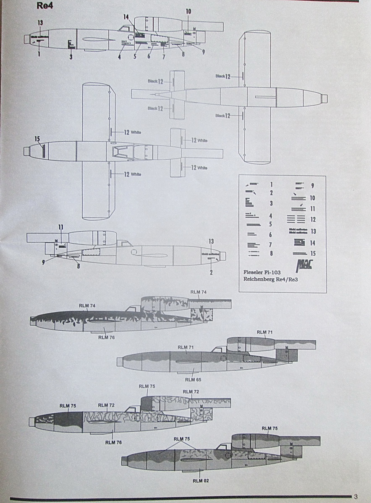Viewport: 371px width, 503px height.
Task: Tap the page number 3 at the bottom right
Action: pyautogui.click(x=355, y=497)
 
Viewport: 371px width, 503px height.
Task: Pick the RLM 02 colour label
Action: pyautogui.click(x=200, y=481)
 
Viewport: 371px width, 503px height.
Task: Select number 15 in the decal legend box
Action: pyautogui.click(x=314, y=254)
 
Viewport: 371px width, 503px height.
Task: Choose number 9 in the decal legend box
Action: pyautogui.click(x=312, y=186)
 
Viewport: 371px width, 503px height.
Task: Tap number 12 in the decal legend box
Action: pyautogui.click(x=313, y=219)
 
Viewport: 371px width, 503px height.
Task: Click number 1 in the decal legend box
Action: pyautogui.click(x=271, y=184)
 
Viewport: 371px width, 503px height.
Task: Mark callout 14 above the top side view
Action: pyautogui.click(x=126, y=17)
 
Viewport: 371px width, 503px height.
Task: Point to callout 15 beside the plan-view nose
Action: pyautogui.click(x=37, y=138)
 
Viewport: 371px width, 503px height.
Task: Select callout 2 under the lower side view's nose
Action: pyautogui.click(x=211, y=273)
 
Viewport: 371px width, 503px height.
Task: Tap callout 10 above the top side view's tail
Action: pyautogui.click(x=188, y=11)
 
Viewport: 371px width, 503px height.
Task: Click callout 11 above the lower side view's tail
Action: pyautogui.click(x=61, y=227)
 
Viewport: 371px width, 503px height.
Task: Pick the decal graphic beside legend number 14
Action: pyautogui.click(x=299, y=242)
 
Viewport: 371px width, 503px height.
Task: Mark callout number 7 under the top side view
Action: pyautogui.click(x=164, y=57)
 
